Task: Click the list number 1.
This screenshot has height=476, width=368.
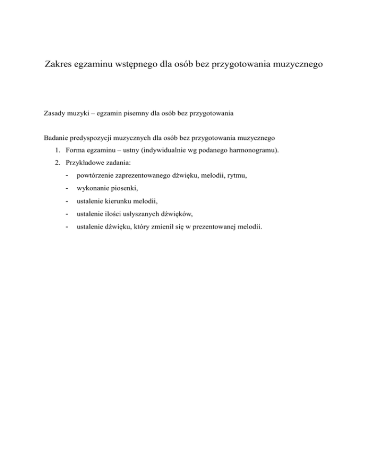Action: click(x=57, y=151)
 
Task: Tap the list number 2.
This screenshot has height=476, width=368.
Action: click(x=57, y=163)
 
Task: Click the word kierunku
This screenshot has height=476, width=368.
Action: click(x=115, y=201)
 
